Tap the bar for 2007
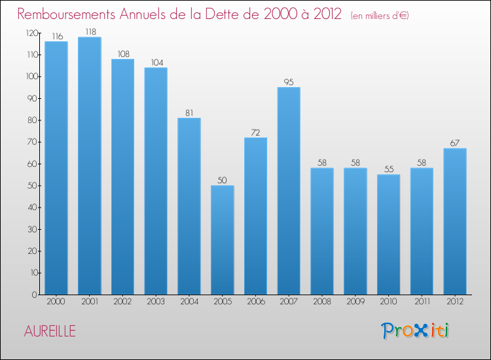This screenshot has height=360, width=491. click(289, 190)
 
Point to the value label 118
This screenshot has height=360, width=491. click(89, 32)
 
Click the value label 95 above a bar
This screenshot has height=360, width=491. click(289, 82)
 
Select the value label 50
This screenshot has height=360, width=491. click(223, 181)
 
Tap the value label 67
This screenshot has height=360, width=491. click(455, 143)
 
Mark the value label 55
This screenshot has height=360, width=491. click(389, 170)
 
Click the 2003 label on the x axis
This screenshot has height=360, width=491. click(156, 302)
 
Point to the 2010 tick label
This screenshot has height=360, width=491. click(389, 302)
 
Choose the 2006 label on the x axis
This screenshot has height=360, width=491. click(256, 302)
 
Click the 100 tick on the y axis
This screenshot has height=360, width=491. click(31, 77)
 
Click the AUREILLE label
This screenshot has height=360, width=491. click(50, 331)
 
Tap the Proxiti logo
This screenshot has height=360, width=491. click(415, 331)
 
